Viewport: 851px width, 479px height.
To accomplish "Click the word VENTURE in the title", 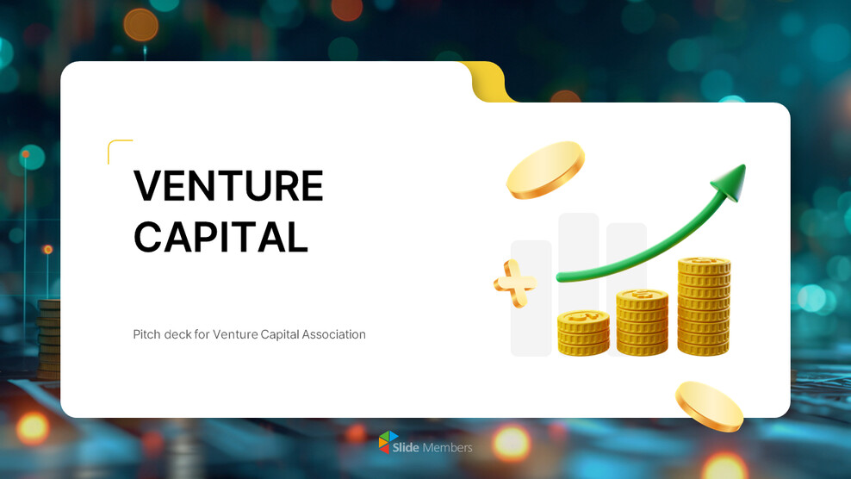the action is (x=228, y=186).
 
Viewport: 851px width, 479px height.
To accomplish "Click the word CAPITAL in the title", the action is (x=221, y=237).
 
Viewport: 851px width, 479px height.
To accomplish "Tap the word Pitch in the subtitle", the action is (x=146, y=334).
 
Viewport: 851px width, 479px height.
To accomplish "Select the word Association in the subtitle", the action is (x=334, y=334).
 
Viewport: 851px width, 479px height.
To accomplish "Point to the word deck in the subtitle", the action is (x=177, y=334).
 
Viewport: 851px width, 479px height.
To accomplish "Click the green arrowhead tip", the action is (x=744, y=165).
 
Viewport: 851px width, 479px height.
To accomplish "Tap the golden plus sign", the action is (x=515, y=283).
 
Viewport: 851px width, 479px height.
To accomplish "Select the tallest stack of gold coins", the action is (x=704, y=307).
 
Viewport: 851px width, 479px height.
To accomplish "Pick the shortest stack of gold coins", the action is (x=583, y=333).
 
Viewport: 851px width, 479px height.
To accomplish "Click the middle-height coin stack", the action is (x=642, y=322).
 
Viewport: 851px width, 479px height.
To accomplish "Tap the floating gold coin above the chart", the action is (x=545, y=170).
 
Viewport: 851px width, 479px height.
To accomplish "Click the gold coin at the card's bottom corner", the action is (x=709, y=407).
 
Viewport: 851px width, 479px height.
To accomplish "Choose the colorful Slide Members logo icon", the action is (x=388, y=442).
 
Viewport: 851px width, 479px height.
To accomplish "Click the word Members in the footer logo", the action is (x=447, y=447).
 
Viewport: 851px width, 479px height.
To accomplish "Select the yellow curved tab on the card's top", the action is (x=488, y=82).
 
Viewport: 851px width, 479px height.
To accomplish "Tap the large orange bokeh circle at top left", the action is (x=140, y=25).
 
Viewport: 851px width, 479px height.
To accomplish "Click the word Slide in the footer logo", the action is (x=406, y=447).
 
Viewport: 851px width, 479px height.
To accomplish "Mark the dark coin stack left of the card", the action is (x=49, y=339).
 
